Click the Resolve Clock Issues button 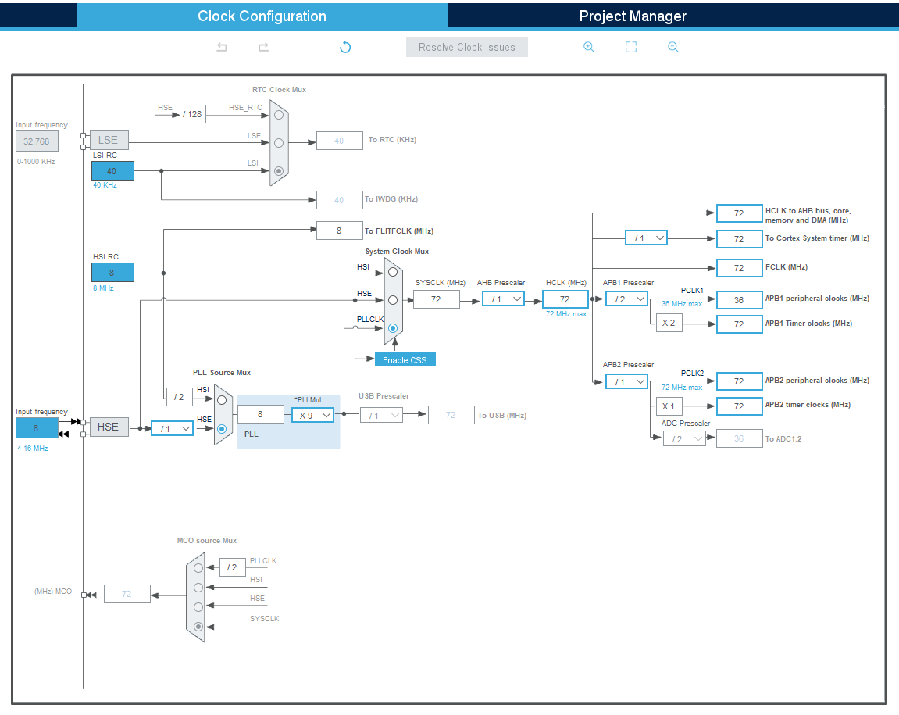467,47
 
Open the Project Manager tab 633,16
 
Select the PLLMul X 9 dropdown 313,415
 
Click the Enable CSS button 405,359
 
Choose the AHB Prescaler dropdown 504,299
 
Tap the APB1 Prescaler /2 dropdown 626,299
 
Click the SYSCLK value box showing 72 437,299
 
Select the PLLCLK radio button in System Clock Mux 393,328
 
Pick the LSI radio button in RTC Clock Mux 279,171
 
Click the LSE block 109,140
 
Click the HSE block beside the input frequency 109,427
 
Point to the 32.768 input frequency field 37,141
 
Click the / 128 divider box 193,114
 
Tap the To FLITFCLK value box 340,231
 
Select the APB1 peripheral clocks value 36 739,299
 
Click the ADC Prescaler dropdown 684,439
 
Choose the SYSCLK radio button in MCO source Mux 198,627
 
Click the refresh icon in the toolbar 345,47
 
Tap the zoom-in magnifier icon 589,47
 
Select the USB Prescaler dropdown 381,416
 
